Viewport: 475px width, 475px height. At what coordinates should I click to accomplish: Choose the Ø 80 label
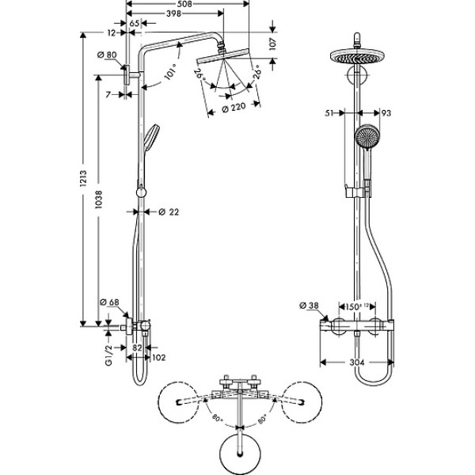107,55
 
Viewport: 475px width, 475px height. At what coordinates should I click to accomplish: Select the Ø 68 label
108,302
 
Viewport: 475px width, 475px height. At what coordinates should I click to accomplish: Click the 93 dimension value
387,114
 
